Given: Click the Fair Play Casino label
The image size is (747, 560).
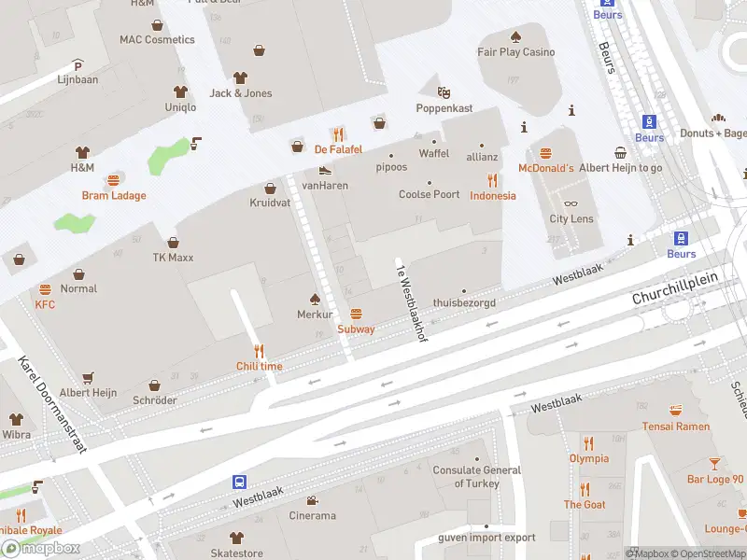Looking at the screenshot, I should [x=515, y=52].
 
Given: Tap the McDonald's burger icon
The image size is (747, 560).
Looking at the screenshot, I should [x=546, y=153].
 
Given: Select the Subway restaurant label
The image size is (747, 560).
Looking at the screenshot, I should [x=356, y=329].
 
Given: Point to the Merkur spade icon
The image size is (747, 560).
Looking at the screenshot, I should [x=316, y=299].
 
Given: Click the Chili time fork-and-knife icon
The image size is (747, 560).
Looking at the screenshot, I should [x=259, y=351].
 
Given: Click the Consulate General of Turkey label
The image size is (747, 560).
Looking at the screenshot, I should [x=476, y=476].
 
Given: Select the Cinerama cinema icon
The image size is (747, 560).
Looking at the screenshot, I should [x=312, y=500].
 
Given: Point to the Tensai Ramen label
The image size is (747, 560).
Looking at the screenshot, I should [x=676, y=427].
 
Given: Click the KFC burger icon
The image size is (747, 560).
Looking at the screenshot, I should [x=45, y=290].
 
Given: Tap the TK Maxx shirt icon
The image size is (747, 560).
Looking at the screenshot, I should [x=173, y=243].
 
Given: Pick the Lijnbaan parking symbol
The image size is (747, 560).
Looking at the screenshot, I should [x=78, y=66].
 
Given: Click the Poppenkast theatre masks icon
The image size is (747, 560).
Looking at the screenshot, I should [x=444, y=92].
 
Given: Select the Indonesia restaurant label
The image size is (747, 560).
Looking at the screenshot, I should [x=492, y=195].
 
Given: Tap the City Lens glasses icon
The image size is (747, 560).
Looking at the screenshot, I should [x=571, y=203].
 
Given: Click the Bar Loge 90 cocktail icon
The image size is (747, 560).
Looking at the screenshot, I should [x=715, y=464].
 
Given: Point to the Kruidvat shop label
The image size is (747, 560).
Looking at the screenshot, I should [x=271, y=203].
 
